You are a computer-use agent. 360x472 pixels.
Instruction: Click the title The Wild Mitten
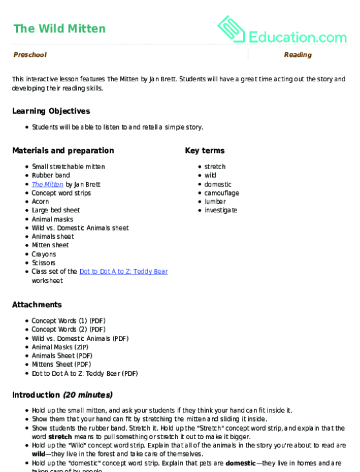coord(59,29)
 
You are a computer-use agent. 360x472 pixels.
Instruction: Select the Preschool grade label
coord(30,55)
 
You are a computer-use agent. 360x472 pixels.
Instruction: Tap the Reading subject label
coord(297,55)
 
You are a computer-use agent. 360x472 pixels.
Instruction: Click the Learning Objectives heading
coord(51,111)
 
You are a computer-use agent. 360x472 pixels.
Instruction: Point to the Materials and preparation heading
coord(63,150)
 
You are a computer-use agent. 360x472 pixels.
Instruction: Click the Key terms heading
coord(205,150)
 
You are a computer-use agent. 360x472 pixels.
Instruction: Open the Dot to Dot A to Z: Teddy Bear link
coord(123,272)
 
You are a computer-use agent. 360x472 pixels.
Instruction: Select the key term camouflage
coord(222,193)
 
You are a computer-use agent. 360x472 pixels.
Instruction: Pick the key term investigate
coord(221,210)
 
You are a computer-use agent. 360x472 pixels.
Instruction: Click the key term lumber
coord(215,201)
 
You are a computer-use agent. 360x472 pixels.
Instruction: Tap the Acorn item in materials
coord(41,201)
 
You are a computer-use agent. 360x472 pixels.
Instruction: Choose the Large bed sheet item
coord(56,210)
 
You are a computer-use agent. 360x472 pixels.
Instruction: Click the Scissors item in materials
coord(44,263)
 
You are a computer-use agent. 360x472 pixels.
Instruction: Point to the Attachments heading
coord(37,305)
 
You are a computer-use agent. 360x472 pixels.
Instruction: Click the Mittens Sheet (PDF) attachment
coord(61,365)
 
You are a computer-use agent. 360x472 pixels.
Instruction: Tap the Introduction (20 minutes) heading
coord(62,395)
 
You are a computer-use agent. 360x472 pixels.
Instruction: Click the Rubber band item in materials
coord(50,176)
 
